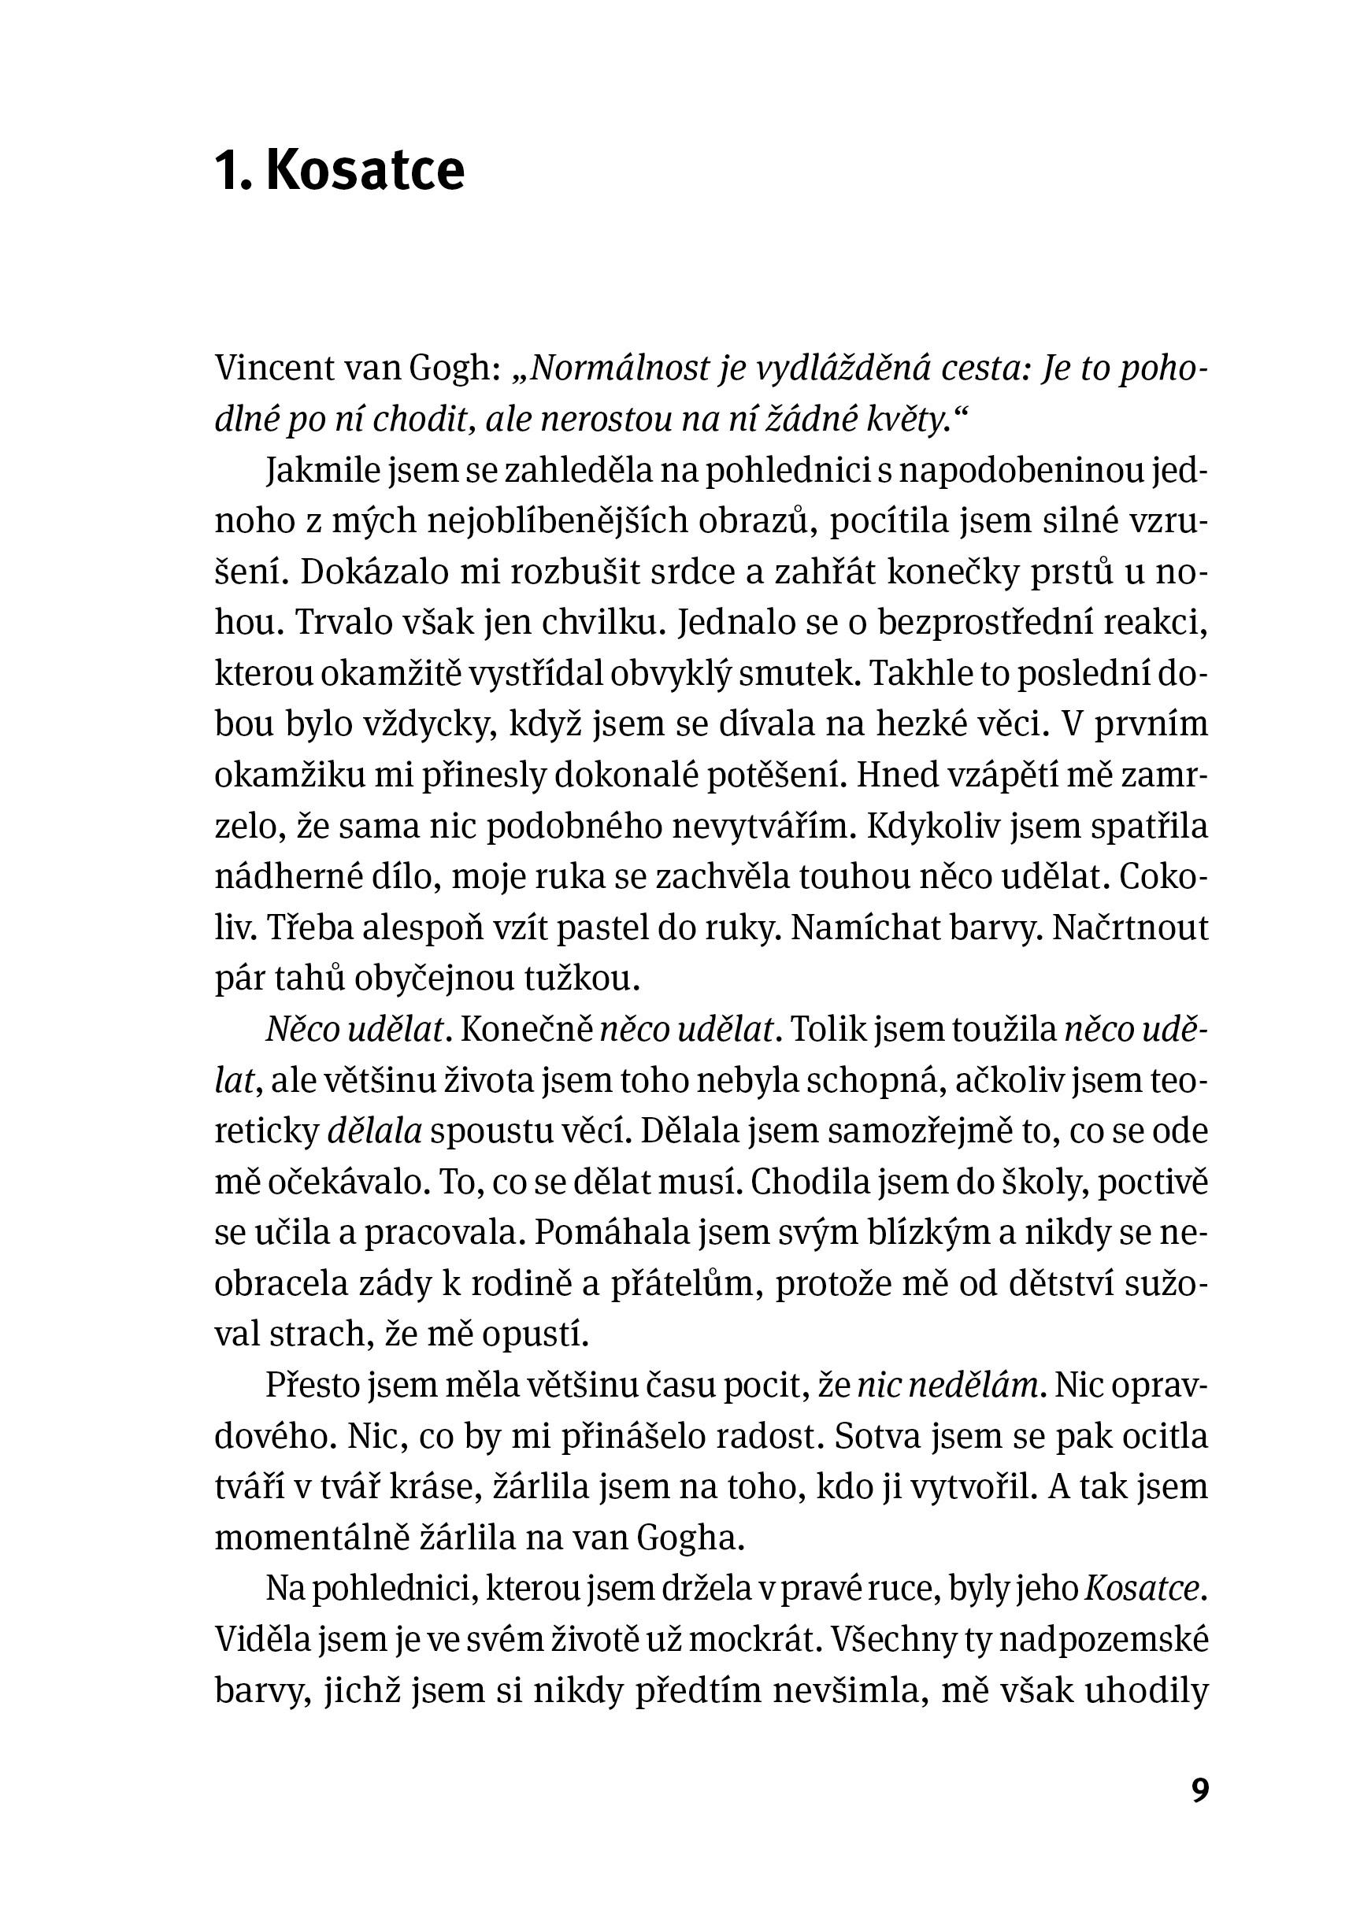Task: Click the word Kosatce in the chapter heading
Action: (x=365, y=171)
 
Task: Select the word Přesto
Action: (x=312, y=1386)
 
